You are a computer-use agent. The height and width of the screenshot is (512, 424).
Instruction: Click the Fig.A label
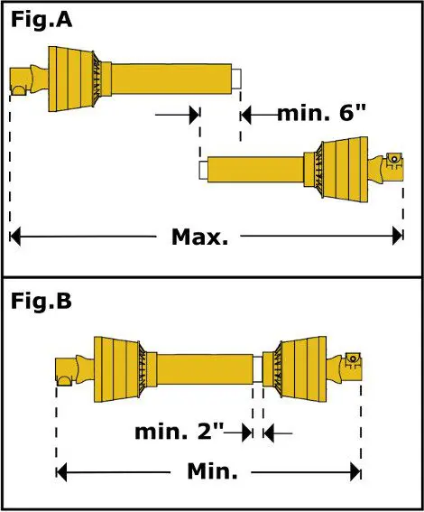pos(41,20)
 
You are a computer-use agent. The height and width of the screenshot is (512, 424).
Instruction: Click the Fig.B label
pos(41,301)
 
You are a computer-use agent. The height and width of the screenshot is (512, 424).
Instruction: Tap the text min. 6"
pos(321,113)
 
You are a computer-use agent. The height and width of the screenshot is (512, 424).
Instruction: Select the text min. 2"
pos(179,432)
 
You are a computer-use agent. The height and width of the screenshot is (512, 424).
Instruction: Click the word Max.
pos(199,237)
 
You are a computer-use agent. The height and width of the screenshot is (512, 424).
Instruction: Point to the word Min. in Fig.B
pos(212,471)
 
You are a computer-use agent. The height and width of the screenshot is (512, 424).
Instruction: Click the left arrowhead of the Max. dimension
pos(15,236)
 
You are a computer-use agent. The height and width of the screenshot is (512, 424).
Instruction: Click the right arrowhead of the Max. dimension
pos(398,236)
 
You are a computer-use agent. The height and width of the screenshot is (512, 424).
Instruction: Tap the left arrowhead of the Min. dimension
pos(61,472)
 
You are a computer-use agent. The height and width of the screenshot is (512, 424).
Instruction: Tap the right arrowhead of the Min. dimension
pos(355,471)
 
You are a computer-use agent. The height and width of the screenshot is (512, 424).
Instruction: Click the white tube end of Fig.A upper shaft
pos(236,79)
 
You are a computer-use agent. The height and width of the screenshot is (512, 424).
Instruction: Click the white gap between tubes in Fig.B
pos(258,369)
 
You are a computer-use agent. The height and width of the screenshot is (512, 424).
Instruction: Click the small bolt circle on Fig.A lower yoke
pos(394,159)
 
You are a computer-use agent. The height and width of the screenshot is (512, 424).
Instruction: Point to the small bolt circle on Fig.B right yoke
pos(353,358)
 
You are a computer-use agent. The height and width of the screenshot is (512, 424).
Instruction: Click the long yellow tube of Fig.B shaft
pos(205,369)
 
